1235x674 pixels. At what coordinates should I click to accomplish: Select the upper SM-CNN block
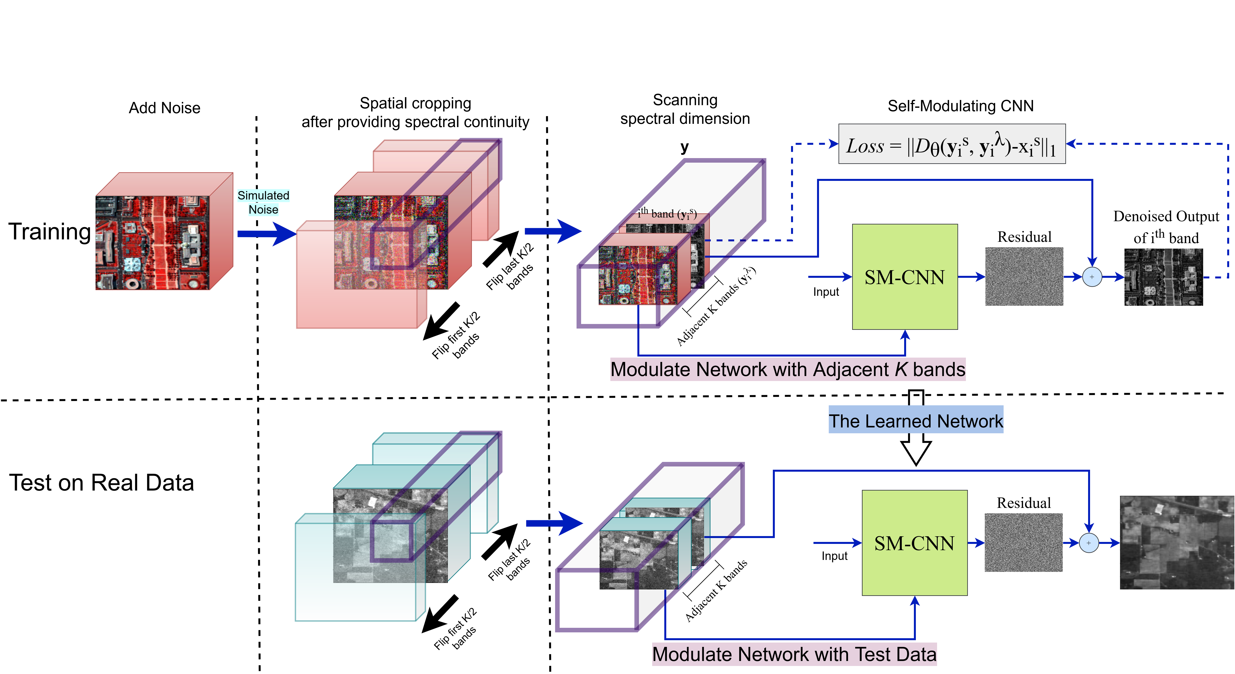pos(905,277)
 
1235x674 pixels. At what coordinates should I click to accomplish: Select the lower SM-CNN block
pos(914,543)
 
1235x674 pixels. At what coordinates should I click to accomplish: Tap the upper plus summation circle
pos(1092,277)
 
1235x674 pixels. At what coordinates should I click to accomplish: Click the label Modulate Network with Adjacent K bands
pos(788,369)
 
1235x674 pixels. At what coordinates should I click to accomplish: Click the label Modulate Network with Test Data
pos(794,654)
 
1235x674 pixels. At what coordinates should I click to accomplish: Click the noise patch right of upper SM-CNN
pos(1024,276)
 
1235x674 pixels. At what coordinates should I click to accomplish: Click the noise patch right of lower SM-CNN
pos(1024,543)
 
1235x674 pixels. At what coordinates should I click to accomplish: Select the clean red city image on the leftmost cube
pos(153,243)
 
